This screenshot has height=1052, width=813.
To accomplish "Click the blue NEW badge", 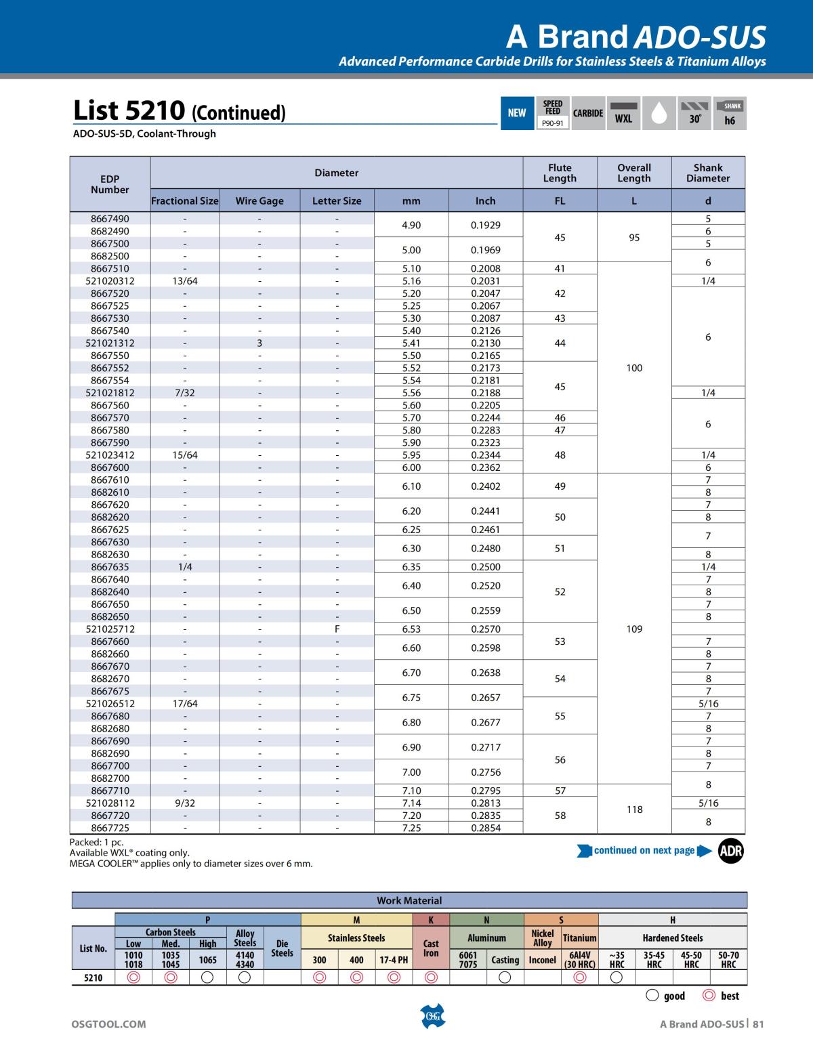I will click(517, 113).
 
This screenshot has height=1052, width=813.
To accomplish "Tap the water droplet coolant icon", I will click(659, 113).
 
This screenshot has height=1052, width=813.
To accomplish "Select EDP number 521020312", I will click(110, 281).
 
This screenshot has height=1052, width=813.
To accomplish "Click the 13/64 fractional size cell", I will click(185, 281).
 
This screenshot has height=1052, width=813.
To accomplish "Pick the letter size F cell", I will click(337, 629).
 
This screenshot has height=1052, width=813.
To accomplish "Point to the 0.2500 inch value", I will click(485, 567).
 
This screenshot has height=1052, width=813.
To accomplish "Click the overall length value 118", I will click(634, 809).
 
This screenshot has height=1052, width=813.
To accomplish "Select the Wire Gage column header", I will click(259, 201).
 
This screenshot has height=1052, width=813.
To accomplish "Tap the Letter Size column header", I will click(337, 201).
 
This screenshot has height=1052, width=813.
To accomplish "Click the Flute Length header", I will click(560, 173).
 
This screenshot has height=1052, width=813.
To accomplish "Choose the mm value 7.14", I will click(411, 803).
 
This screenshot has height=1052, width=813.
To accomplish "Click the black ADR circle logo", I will click(731, 851).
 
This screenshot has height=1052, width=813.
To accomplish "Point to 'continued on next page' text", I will click(644, 851).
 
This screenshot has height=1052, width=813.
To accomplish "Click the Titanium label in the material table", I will click(580, 938).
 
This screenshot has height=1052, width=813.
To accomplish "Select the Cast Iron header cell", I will click(431, 948).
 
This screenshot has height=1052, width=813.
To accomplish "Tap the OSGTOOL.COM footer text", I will click(108, 1024).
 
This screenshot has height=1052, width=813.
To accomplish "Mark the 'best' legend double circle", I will click(709, 996).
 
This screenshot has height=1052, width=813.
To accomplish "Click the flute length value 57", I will click(560, 791).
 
